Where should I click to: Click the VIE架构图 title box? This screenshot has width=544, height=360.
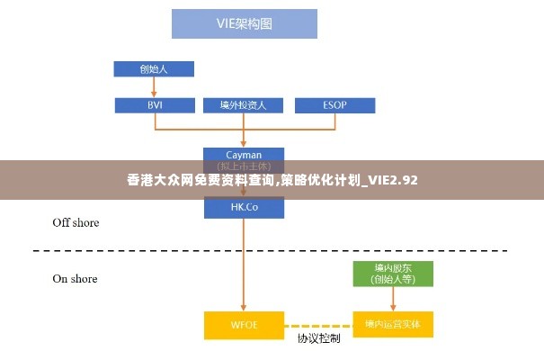(x=245, y=23)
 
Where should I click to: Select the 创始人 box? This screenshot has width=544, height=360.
(x=154, y=68)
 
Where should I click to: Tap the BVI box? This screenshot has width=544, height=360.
(x=154, y=105)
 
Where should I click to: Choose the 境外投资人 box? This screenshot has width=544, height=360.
(x=244, y=105)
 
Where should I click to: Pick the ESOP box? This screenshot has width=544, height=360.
(x=334, y=105)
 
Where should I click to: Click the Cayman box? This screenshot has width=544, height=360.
(x=244, y=155)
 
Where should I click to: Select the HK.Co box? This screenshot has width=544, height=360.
(x=244, y=207)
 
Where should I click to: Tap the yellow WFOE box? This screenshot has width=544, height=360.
(x=244, y=324)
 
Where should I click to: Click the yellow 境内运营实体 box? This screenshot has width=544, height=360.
(x=392, y=324)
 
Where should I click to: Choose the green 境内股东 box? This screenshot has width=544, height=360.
(x=392, y=274)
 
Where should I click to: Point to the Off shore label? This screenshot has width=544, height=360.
(x=76, y=222)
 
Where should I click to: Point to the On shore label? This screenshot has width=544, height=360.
(x=75, y=279)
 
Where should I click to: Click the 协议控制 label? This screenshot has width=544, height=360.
(x=318, y=339)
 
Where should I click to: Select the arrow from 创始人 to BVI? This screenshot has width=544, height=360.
(x=154, y=86)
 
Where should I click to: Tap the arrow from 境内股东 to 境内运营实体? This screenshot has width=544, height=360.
(x=392, y=299)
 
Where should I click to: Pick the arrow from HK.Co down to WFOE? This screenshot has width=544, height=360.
(x=244, y=265)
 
